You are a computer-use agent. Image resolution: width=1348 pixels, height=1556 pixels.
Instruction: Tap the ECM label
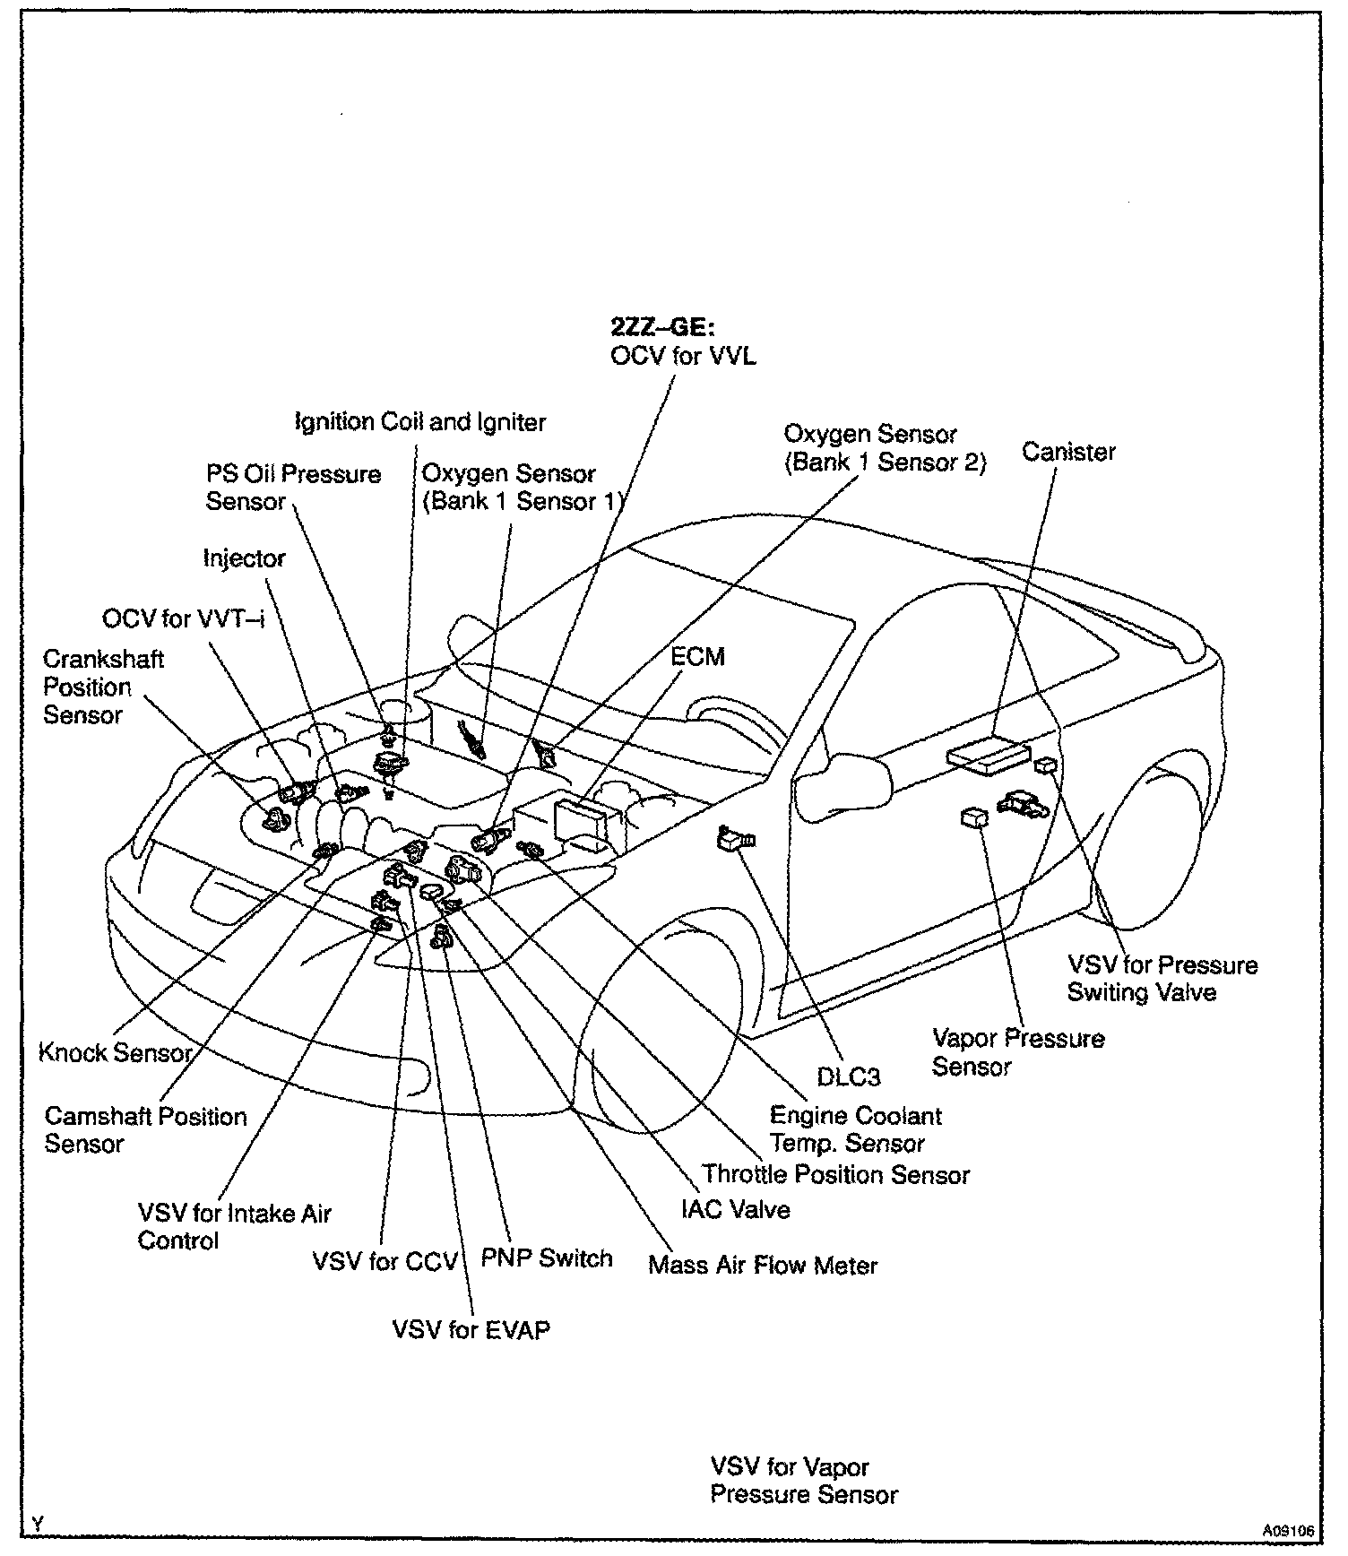697,657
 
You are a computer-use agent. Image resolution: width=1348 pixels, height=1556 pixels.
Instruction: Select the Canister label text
1068,452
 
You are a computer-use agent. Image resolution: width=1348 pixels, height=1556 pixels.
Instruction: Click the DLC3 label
848,1076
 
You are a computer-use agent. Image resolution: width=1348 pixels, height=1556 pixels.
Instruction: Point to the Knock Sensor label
116,1052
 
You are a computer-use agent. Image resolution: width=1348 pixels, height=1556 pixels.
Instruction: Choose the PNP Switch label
547,1258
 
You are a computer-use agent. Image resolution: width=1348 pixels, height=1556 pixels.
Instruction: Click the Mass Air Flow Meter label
763,1266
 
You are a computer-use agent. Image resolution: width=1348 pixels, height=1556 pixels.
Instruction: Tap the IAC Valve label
736,1210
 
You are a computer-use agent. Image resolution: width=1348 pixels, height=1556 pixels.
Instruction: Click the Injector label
244,558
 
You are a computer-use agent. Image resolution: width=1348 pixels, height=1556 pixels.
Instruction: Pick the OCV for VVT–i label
183,618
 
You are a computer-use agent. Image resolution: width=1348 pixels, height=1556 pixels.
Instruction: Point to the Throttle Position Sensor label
835,1174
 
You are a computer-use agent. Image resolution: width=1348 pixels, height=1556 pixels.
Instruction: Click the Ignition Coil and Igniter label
420,421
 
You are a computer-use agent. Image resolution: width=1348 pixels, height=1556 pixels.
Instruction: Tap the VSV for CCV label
385,1262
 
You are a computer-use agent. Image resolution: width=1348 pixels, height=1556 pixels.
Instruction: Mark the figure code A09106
1289,1532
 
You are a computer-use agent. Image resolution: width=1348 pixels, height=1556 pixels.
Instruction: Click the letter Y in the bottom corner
38,1524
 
